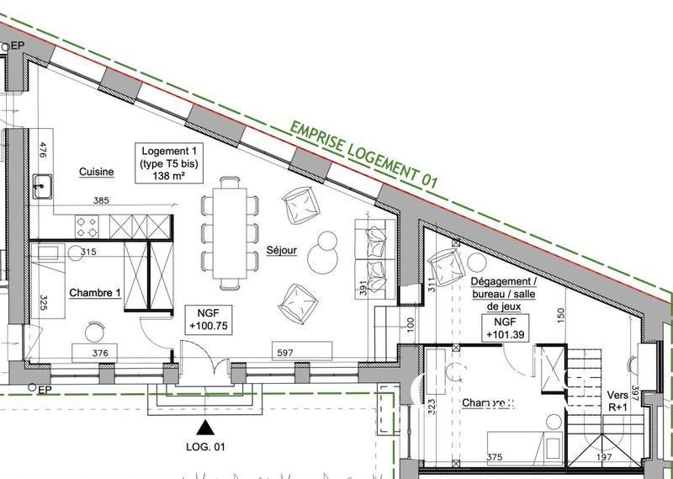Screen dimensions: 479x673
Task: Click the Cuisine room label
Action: (x=97, y=172)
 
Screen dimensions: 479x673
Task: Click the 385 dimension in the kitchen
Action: (x=102, y=201)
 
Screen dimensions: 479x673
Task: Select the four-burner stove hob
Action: (x=86, y=226)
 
